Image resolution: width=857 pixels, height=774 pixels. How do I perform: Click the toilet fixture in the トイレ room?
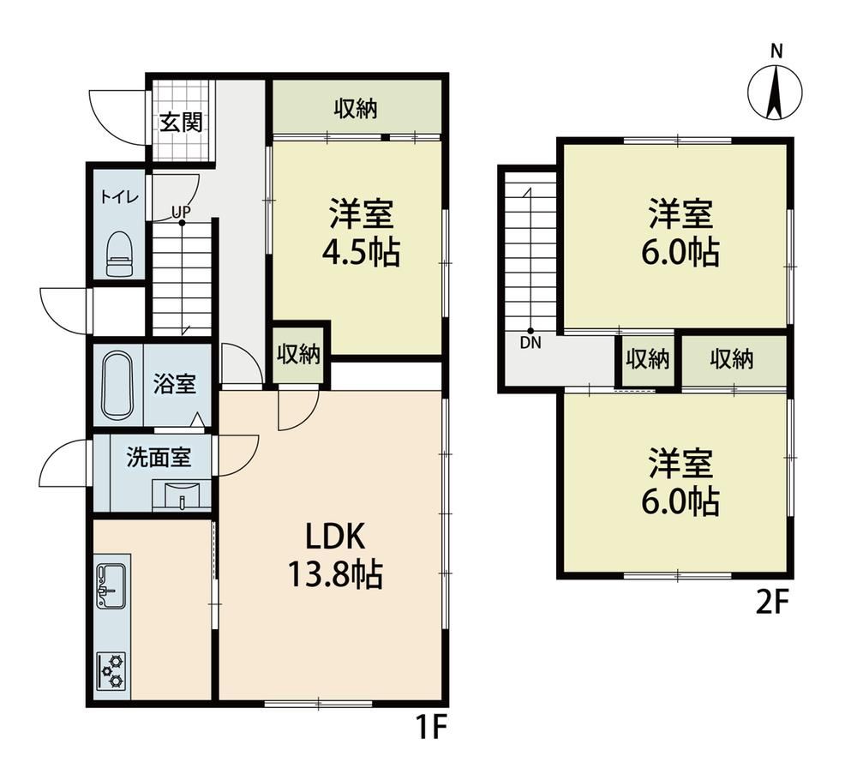(120, 254)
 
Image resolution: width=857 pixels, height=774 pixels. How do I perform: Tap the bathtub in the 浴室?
(117, 385)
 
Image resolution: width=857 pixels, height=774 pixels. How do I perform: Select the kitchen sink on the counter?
(111, 585)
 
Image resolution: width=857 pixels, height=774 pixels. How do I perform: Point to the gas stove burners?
(111, 670)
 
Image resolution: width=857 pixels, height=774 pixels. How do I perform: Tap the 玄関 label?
(181, 123)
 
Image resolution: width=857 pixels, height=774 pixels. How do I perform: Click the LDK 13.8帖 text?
(334, 556)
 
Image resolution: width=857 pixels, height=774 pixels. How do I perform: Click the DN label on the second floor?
(530, 343)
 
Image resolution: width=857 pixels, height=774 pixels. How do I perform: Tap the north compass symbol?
(775, 91)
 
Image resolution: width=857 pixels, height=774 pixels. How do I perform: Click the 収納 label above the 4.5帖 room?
(356, 109)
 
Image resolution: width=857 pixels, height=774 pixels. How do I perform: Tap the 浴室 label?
(174, 383)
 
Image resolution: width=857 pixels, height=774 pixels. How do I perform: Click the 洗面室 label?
(159, 457)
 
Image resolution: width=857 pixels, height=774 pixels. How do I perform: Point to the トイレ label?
(119, 197)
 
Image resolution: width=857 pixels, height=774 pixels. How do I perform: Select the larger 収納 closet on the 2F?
(732, 360)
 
